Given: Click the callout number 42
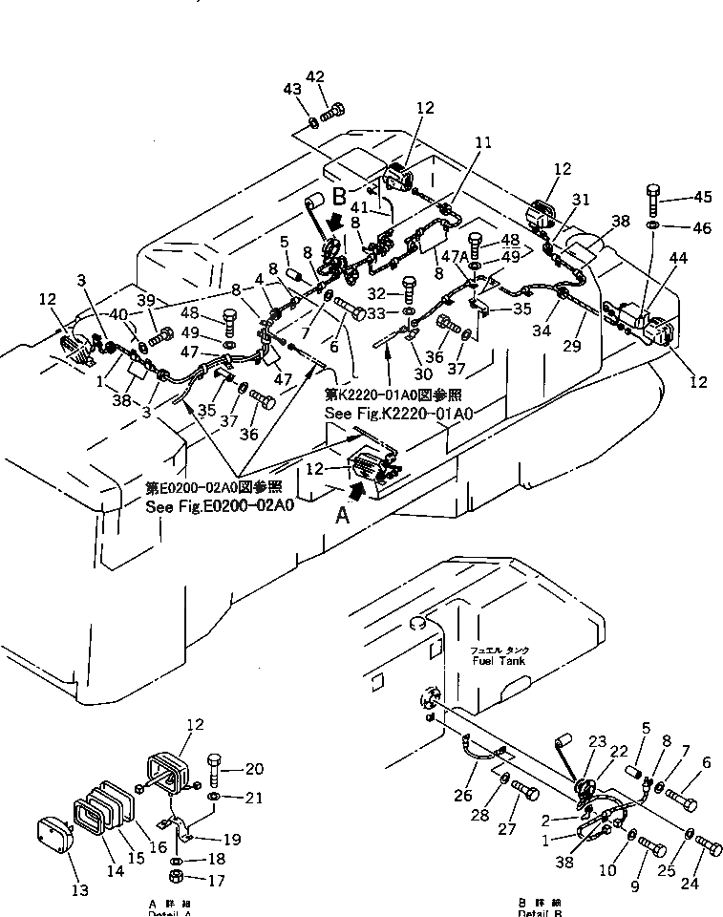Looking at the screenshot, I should point(315,77).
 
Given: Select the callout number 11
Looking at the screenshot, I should point(483,143).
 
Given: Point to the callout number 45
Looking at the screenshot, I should point(702,198).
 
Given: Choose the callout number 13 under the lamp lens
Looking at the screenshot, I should point(80,890).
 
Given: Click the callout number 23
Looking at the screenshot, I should point(598,741).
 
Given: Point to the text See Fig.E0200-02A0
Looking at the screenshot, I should point(220,507).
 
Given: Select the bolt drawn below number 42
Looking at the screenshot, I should point(331,114).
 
